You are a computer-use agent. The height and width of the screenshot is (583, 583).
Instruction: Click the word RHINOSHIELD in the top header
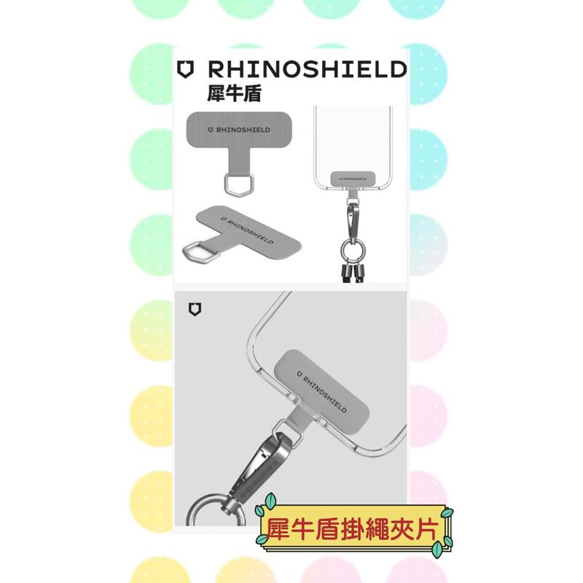[307, 70]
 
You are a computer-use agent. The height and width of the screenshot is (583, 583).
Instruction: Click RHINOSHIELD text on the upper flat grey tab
[238, 129]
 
